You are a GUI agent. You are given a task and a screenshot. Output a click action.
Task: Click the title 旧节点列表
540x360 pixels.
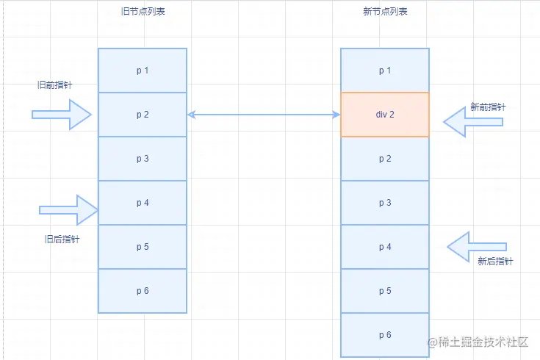coord(143,11)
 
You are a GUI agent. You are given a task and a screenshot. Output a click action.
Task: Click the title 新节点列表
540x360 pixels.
coord(386,11)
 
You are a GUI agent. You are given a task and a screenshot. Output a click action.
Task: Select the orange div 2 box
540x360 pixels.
coord(385,115)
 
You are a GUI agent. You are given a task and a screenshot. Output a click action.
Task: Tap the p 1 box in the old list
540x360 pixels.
coord(143,71)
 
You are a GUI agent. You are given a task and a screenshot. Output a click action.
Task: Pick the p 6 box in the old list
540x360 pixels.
coord(143,291)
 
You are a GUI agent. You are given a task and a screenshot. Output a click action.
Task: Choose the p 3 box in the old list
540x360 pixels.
coord(143,159)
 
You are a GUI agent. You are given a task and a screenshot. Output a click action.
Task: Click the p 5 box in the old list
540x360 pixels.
coord(143,247)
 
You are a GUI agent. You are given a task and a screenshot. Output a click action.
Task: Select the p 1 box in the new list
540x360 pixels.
coord(385,71)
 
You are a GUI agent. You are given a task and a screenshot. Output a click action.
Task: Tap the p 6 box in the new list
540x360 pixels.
coord(385,335)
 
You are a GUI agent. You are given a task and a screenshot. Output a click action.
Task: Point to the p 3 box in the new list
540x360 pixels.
coord(385,203)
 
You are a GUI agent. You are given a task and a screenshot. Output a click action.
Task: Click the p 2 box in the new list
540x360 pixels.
coord(385,159)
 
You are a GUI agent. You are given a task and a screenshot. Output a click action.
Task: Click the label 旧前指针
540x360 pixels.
coord(55,84)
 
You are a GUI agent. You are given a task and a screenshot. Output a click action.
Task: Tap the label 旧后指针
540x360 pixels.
coord(62,239)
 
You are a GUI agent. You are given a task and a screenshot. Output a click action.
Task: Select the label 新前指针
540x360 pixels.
coord(488,107)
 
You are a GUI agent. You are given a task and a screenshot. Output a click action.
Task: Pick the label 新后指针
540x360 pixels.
coord(495,261)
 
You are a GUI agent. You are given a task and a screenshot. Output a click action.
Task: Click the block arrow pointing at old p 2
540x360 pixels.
coord(62,115)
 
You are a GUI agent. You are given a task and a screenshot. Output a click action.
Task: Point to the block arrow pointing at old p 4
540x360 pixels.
coord(69,210)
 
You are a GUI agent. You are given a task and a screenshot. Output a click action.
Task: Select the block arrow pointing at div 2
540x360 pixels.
coord(473,122)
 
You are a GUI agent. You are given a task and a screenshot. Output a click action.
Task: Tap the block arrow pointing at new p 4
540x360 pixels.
coord(477,247)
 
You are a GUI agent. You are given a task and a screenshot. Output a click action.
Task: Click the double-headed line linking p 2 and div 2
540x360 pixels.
coord(264,115)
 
